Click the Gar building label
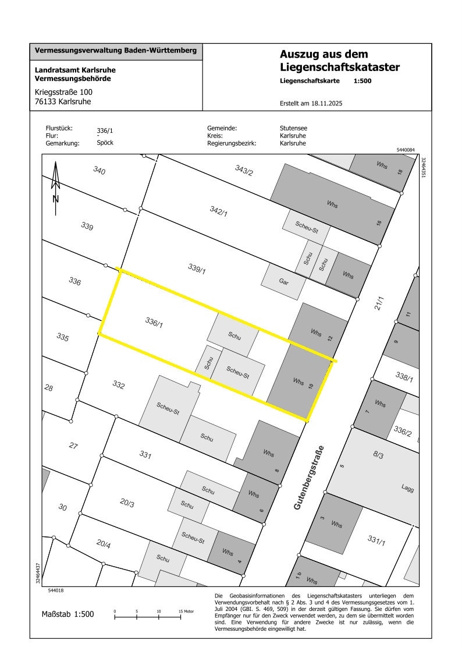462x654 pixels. tap(284, 281)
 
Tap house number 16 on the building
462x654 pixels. tap(379, 222)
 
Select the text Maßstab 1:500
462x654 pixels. tap(67, 614)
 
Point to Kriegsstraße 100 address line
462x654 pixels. tap(63, 92)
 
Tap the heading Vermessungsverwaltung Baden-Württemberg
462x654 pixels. tap(116, 50)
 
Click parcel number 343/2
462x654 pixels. tap(244, 170)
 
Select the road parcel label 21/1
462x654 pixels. tap(380, 303)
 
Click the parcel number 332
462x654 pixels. tap(119, 385)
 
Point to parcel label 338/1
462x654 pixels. tap(404, 377)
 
